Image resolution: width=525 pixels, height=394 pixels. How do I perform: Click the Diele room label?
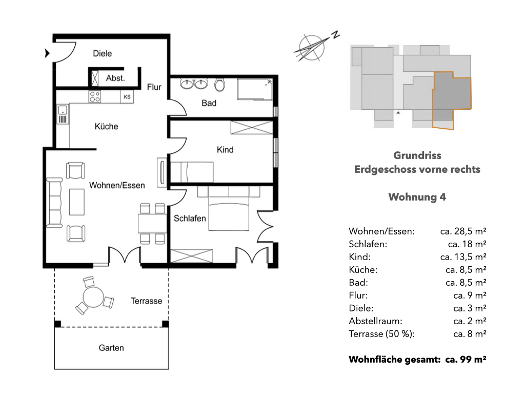(102, 53)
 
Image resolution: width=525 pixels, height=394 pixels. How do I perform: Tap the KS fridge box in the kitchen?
(127, 97)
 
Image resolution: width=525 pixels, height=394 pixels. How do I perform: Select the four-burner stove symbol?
(95, 97)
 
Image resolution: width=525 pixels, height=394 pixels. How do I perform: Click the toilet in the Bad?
(219, 85)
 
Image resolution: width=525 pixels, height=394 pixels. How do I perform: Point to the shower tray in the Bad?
(255, 89)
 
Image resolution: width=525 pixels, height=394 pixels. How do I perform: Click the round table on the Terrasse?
(93, 297)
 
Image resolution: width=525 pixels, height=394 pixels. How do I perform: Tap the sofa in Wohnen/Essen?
(54, 203)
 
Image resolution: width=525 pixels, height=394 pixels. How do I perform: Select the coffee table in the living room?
(77, 202)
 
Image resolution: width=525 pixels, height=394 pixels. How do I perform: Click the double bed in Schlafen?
(229, 209)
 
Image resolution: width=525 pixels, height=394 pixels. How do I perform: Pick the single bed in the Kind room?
(192, 172)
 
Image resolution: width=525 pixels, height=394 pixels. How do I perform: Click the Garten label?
(111, 348)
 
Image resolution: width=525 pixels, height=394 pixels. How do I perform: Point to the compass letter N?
(335, 34)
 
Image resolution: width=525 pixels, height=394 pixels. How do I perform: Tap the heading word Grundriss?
(417, 155)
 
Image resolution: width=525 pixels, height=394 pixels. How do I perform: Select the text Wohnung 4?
(417, 197)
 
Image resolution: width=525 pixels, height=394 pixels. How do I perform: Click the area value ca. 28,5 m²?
(463, 231)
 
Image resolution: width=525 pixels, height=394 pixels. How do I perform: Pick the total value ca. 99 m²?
(466, 360)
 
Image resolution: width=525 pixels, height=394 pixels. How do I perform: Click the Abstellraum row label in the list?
(375, 321)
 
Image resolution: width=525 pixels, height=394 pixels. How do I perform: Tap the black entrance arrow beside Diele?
(47, 53)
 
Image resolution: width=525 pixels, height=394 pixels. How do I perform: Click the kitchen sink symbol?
(63, 114)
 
